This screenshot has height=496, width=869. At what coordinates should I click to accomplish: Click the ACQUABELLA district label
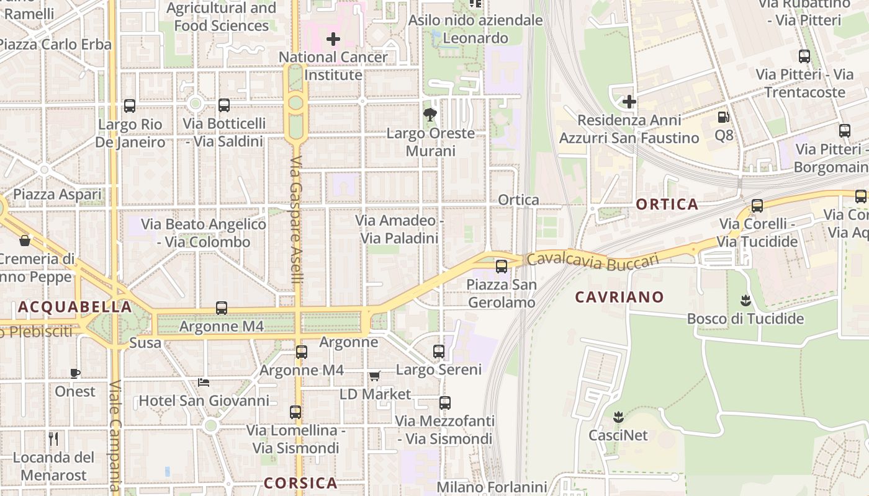[74, 307]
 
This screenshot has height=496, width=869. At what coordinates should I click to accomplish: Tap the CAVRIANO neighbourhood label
[619, 297]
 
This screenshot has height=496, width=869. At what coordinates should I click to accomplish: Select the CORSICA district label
[300, 483]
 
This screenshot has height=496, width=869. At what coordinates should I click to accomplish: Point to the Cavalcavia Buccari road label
[592, 261]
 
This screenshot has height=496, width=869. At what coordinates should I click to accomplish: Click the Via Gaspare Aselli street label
[296, 220]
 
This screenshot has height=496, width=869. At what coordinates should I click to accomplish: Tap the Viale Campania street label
[115, 437]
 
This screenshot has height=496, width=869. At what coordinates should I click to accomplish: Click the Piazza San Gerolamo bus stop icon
[501, 267]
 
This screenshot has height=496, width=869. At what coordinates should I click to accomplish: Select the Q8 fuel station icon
[723, 117]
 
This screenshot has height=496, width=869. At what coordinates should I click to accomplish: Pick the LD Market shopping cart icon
[374, 376]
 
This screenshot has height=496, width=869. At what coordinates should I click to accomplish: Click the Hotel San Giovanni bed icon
[203, 382]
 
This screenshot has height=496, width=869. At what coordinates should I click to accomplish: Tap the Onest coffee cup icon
[75, 373]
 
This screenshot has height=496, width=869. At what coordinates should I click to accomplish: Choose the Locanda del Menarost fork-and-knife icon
[53, 439]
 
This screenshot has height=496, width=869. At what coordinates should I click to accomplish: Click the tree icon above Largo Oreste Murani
[429, 115]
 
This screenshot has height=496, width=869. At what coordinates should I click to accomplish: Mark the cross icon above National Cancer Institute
[333, 39]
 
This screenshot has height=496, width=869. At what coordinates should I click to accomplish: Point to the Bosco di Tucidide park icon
[745, 301]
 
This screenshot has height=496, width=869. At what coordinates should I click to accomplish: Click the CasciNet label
[618, 435]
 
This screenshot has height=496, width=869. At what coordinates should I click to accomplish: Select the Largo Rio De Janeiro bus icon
[130, 106]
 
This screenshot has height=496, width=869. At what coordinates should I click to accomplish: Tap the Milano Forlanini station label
[492, 487]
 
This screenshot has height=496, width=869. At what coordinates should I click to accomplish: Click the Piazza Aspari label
[57, 195]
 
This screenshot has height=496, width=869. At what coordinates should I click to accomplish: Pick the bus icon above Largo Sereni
[439, 352]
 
